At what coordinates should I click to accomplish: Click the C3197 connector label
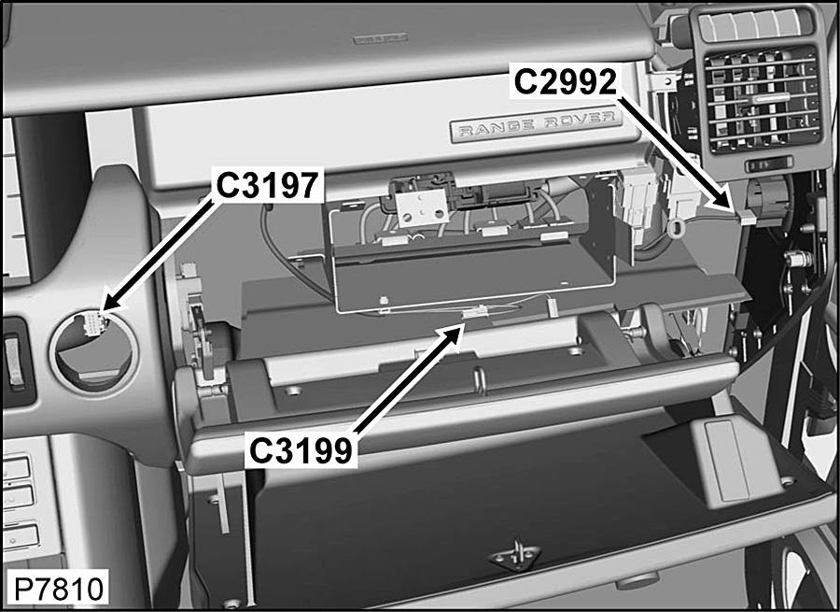click(x=268, y=185)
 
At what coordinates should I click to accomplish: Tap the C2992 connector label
click(x=566, y=82)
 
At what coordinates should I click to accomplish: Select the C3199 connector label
click(x=301, y=450)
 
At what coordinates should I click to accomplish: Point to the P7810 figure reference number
click(x=59, y=589)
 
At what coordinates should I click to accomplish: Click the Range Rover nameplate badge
click(x=537, y=125)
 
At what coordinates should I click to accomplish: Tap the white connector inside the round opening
click(x=93, y=323)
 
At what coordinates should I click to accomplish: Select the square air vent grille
click(x=763, y=100)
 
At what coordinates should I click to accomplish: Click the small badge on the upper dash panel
click(x=381, y=38)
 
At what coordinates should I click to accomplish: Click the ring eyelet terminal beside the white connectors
click(x=677, y=227)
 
